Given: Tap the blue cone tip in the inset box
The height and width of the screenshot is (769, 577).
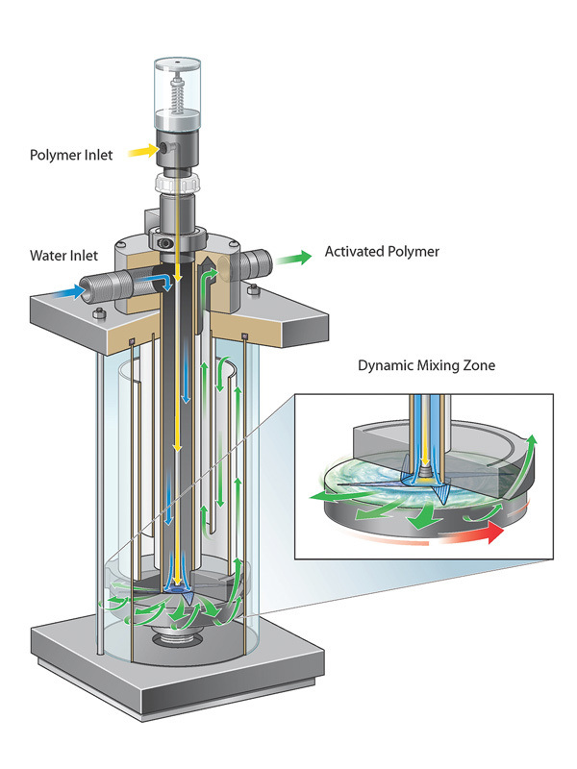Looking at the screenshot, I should (x=442, y=491).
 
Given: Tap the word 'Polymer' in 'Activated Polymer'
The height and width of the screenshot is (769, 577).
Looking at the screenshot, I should (x=409, y=254).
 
